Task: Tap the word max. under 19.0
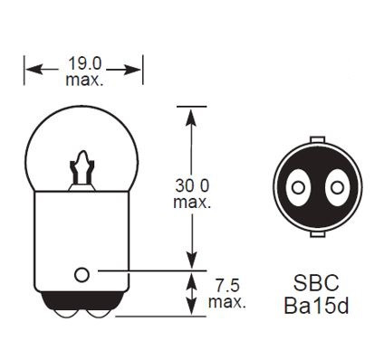click(x=84, y=80)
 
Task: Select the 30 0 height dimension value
click(x=191, y=185)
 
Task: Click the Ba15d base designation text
click(x=315, y=306)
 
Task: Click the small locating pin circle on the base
click(x=82, y=272)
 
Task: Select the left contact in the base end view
click(x=296, y=187)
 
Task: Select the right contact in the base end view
click(x=337, y=187)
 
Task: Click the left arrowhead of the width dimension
click(x=29, y=66)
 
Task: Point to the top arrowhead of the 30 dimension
click(x=191, y=112)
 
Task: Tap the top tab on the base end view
click(x=316, y=139)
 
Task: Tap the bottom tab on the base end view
click(x=316, y=234)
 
